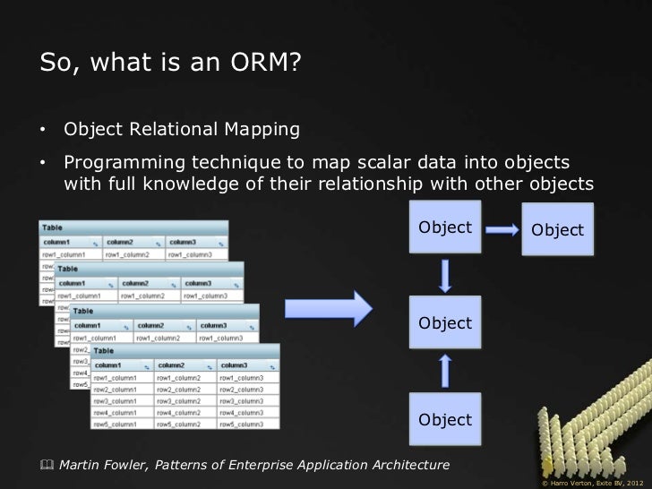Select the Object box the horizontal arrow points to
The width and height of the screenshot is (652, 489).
[557, 229]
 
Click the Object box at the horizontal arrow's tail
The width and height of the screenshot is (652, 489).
[445, 227]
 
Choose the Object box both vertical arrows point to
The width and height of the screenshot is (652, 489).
[445, 322]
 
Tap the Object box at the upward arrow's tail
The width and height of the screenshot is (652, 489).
[445, 419]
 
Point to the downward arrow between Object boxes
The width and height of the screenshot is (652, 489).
[445, 276]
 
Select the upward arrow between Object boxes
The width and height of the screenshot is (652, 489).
[445, 371]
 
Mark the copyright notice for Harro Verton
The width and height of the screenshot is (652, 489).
[592, 482]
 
